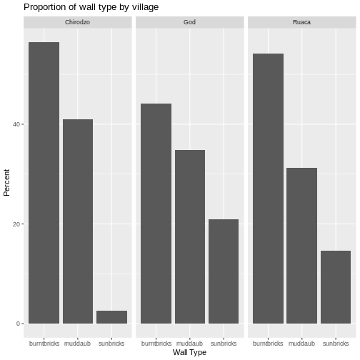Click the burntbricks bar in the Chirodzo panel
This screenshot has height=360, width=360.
[44, 183]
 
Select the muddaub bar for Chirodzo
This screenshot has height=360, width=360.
[78, 221]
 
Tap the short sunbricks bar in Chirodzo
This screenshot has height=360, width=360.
[111, 317]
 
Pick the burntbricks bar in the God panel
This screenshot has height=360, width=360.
[156, 214]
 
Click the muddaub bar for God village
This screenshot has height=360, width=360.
[189, 236]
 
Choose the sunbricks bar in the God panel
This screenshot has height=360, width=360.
[223, 271]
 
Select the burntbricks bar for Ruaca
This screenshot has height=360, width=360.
[268, 189]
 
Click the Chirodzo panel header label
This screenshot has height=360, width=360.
[78, 22]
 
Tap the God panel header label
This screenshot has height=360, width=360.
[189, 22]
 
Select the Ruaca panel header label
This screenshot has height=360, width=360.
[301, 22]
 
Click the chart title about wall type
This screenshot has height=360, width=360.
[91, 7]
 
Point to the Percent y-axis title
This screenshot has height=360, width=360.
[7, 182]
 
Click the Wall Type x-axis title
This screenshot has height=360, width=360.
[189, 352]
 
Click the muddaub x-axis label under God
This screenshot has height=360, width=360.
[189, 342]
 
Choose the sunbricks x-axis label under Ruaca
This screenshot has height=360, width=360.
[335, 342]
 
